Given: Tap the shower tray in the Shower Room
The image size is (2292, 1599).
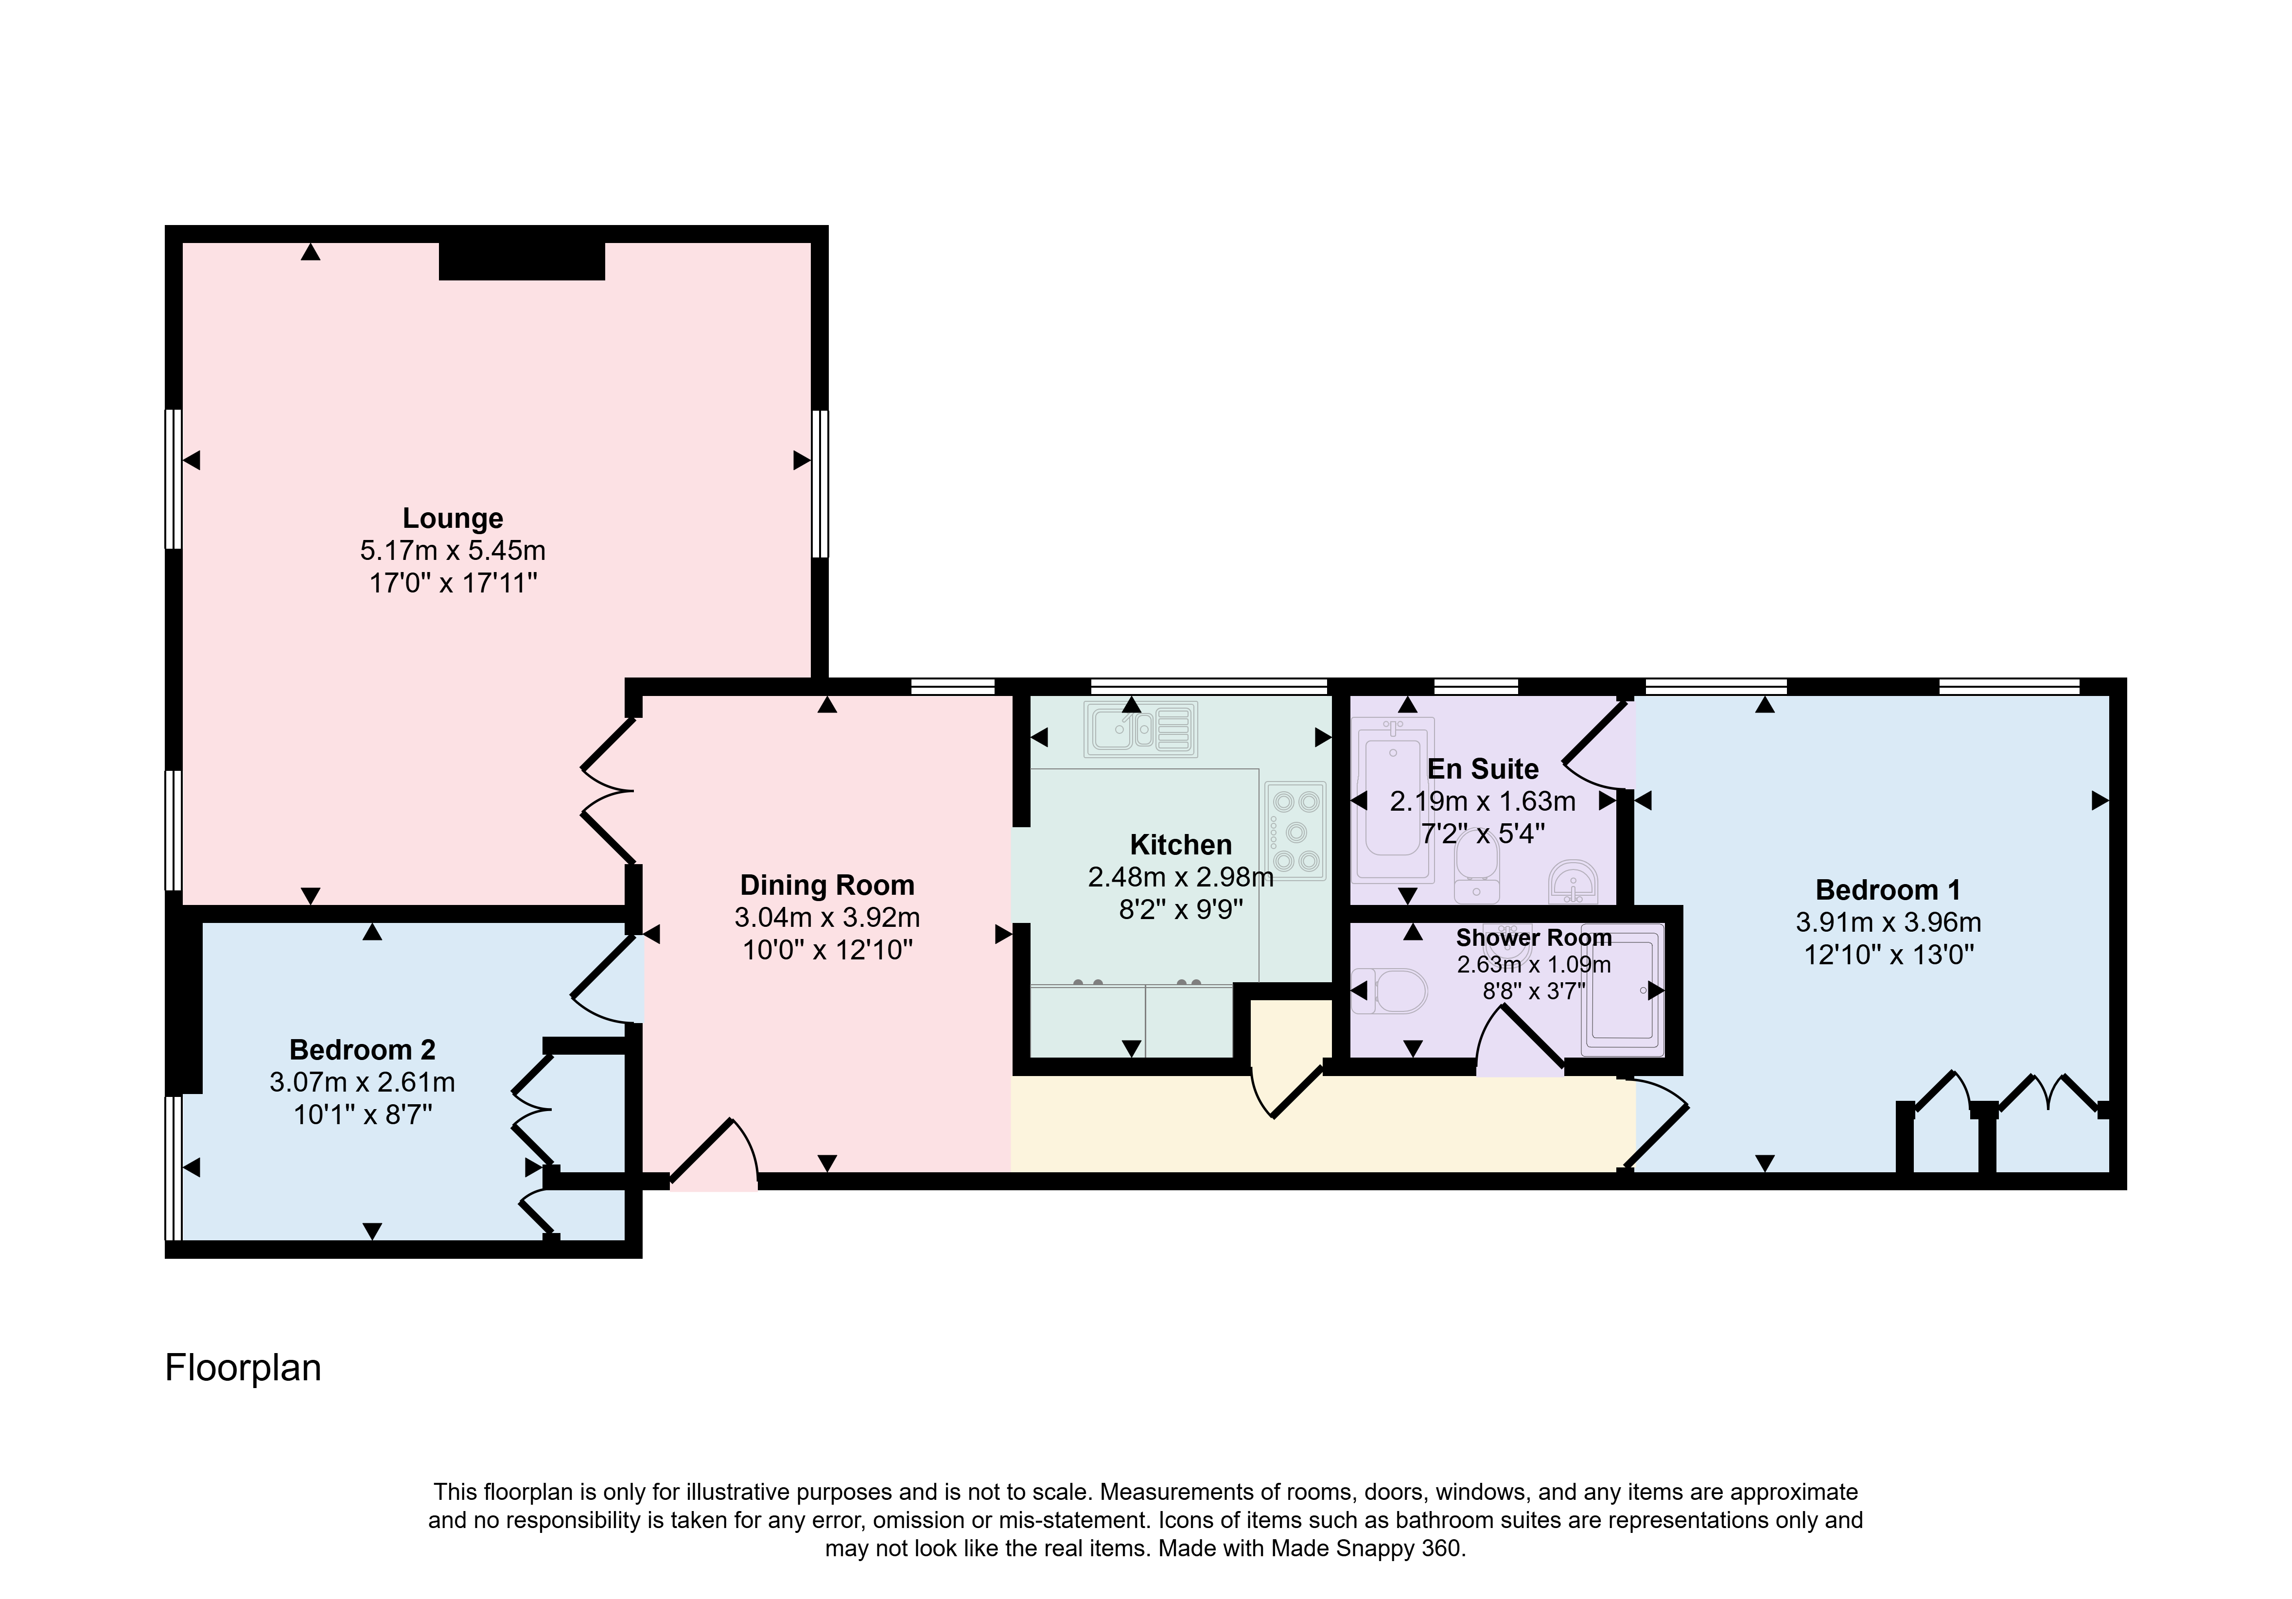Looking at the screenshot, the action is [1622, 989].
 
